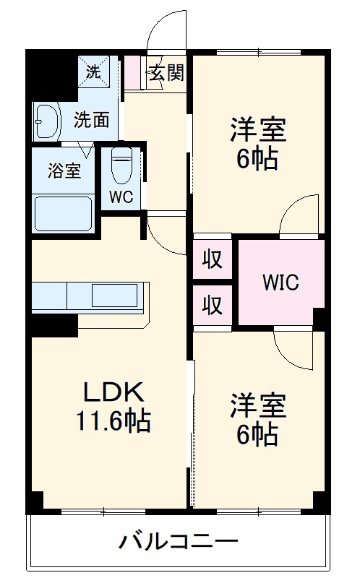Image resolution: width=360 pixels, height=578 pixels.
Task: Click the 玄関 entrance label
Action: pos(166,72)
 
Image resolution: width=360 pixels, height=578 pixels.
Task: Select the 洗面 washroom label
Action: pos(93,119)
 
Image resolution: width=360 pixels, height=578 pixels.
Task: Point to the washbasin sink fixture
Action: pos(48,120)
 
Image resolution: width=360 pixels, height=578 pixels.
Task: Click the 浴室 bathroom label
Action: pos(64,171)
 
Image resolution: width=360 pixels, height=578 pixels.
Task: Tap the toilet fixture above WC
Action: pos(122,167)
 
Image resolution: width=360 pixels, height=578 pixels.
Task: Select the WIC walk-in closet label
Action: pos(280,282)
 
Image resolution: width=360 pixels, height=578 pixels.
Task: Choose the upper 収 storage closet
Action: pos(212,259)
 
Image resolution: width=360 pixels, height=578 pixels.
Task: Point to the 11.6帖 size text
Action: pos(113,420)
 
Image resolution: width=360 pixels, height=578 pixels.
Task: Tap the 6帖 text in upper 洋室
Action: pos(257,159)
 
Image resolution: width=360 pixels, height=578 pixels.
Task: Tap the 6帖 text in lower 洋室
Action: pos(257,433)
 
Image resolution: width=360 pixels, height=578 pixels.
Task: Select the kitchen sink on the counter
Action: pos(114,296)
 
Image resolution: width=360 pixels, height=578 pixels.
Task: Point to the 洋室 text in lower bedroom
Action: pos(258,406)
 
